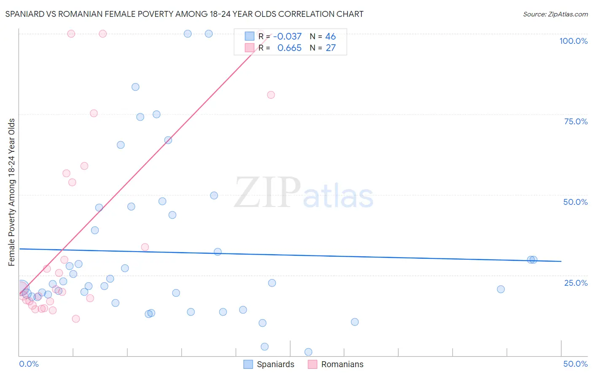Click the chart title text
[184, 14]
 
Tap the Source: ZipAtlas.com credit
[555, 14]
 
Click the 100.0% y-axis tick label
[573, 41]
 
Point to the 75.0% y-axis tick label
[576, 121]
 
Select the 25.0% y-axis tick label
[576, 283]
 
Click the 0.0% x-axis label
[29, 364]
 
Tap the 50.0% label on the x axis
[575, 364]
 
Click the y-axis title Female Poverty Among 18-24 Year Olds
[12, 192]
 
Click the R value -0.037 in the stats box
[287, 37]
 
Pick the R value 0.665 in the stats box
[289, 48]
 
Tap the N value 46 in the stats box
[330, 37]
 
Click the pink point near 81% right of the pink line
[271, 95]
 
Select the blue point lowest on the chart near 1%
[308, 352]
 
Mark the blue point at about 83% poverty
[135, 87]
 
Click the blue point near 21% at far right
[501, 289]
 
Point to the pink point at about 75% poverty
[94, 113]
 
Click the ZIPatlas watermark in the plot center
[304, 193]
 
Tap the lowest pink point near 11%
[76, 319]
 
